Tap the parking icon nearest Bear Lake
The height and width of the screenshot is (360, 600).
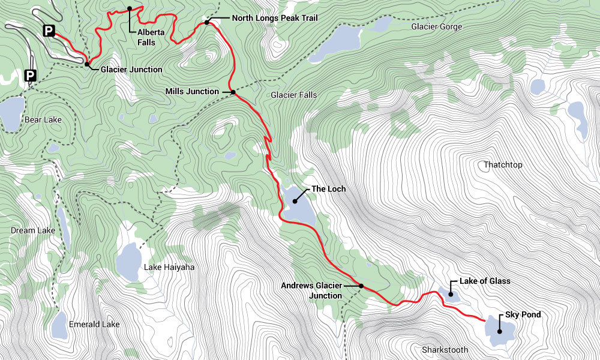[30, 76]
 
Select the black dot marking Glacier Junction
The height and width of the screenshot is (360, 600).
[88, 64]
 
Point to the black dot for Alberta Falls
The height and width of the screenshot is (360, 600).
[130, 8]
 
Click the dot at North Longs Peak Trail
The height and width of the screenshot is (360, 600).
[206, 22]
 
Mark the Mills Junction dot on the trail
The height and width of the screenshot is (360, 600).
[233, 92]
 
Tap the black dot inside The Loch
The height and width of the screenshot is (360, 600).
[295, 200]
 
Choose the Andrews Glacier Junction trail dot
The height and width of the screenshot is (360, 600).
[361, 286]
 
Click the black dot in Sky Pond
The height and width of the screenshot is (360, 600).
[499, 331]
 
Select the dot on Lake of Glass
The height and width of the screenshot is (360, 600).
[450, 293]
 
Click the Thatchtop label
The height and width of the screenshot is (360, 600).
[503, 164]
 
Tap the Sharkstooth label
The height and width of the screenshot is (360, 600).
[445, 350]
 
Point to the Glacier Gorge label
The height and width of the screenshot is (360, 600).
[437, 26]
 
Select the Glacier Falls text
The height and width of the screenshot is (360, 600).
[293, 95]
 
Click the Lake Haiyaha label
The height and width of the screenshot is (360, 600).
[169, 267]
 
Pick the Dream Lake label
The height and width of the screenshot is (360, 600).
[33, 230]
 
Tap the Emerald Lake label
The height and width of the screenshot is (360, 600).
[94, 324]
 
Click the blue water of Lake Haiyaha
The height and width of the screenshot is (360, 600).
[128, 261]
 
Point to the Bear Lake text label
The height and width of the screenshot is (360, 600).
[43, 120]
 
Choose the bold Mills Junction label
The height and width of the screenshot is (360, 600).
[192, 91]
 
